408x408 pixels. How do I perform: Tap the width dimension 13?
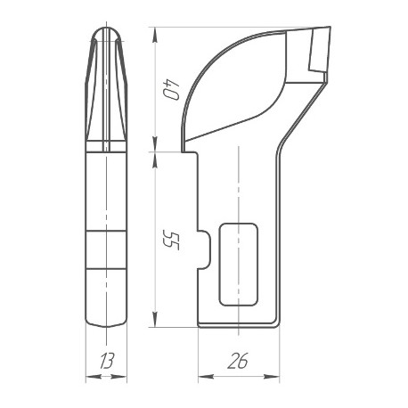(x=107, y=362)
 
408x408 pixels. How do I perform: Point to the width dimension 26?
(x=238, y=362)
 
